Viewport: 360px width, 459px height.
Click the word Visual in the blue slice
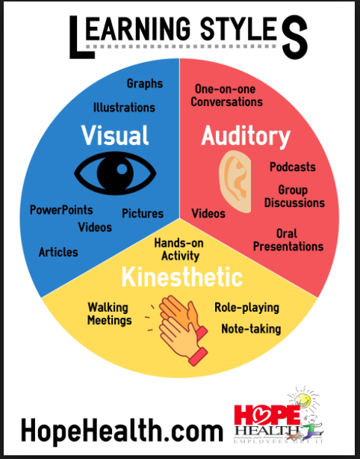click(x=115, y=135)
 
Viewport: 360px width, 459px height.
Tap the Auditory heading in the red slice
click(x=246, y=136)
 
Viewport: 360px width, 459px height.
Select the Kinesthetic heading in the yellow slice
click(x=182, y=277)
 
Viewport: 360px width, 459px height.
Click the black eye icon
click(x=115, y=173)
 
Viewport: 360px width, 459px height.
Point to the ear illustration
click(x=235, y=182)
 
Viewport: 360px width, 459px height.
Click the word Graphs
click(x=145, y=84)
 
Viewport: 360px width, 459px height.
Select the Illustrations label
click(x=124, y=108)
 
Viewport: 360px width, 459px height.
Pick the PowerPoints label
click(x=61, y=210)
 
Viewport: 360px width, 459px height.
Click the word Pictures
click(x=143, y=213)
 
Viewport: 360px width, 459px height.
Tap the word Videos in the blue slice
click(x=95, y=227)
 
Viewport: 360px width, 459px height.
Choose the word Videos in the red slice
click(x=208, y=213)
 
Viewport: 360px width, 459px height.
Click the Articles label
click(x=58, y=252)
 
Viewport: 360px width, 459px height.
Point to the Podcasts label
click(x=293, y=167)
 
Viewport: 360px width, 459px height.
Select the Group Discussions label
click(x=294, y=197)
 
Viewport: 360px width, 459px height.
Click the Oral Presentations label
click(x=288, y=240)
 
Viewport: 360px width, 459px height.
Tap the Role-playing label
click(x=246, y=308)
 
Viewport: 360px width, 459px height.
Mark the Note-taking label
click(x=251, y=329)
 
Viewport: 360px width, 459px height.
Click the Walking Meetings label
click(x=109, y=314)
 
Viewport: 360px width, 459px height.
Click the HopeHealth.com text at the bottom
click(x=122, y=431)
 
